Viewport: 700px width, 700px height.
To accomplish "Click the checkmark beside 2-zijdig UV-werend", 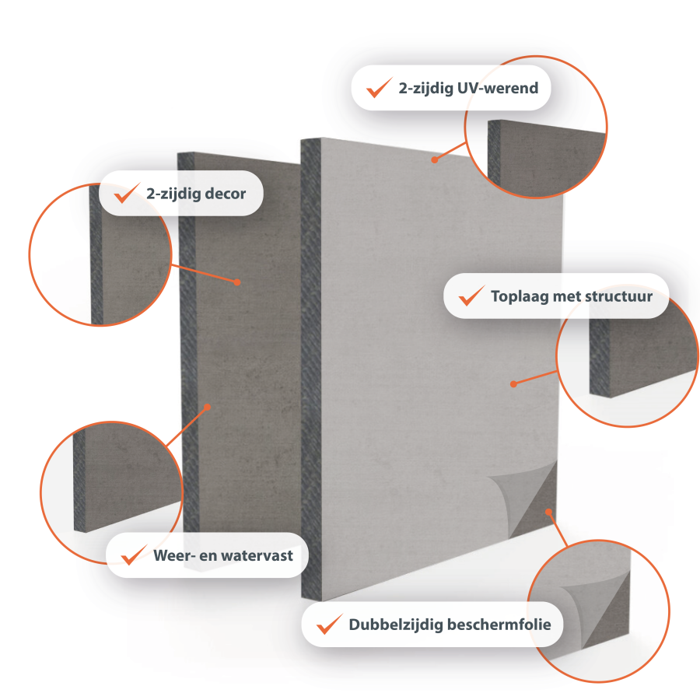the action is point(379,87).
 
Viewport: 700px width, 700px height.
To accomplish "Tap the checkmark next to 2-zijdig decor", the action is point(127,193).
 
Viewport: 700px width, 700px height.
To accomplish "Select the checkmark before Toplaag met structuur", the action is point(471,296).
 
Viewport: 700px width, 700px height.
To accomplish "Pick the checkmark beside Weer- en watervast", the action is point(134,555).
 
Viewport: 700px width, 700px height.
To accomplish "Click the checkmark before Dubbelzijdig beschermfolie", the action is point(330,624).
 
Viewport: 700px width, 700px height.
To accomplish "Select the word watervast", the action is point(257,555).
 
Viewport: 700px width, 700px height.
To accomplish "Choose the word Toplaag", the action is point(520,297).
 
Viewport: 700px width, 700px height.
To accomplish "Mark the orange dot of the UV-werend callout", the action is point(434,159).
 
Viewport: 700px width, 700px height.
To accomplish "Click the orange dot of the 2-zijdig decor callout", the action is point(237,282).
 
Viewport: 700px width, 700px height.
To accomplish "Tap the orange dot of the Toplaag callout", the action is point(513,384).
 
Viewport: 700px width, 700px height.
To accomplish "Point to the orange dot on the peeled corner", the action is point(548,512).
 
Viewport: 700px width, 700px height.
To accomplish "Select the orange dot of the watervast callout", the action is point(207,407).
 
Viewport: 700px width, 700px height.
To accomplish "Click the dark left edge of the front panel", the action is point(310,369).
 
